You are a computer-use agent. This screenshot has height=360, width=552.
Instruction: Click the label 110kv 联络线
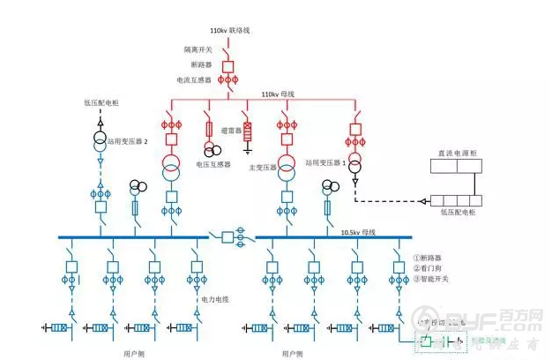pos(230,30)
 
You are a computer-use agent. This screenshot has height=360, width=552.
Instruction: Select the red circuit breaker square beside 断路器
pos(228,65)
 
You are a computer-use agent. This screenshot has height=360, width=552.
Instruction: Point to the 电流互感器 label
pos(194,80)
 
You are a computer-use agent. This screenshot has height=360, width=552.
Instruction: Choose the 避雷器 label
pos(231,129)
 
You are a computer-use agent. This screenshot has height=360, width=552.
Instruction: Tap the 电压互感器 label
pos(213,164)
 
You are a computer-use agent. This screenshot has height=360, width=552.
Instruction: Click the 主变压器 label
pos(262,166)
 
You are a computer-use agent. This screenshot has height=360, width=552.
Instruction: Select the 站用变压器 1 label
pos(324,162)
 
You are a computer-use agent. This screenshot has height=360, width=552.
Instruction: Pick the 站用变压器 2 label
pos(127,140)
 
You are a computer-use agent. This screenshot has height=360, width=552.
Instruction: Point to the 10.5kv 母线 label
pos(358,232)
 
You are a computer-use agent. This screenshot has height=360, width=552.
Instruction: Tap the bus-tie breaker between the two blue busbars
pos(228,236)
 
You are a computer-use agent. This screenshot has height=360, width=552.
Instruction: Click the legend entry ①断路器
pos(429,259)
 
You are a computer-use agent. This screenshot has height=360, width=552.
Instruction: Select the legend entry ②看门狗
pos(429,269)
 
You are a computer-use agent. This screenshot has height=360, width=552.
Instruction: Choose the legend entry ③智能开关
pos(431,280)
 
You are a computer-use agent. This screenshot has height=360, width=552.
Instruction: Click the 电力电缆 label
pos(213,299)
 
